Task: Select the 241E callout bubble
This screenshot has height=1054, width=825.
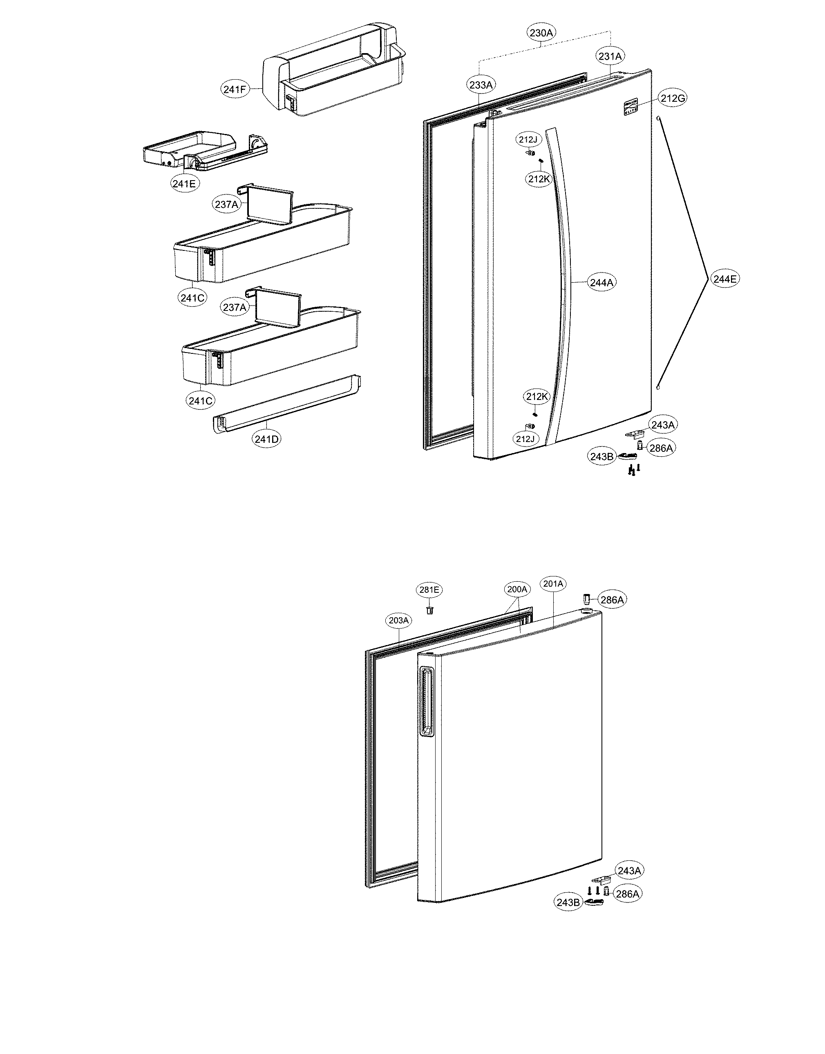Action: click(186, 183)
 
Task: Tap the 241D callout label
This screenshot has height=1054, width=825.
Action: click(267, 439)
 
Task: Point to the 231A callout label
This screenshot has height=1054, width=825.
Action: click(610, 56)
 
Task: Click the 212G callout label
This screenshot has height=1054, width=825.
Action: click(672, 98)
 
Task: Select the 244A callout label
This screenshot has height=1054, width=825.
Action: click(601, 282)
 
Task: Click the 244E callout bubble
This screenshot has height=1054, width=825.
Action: click(725, 279)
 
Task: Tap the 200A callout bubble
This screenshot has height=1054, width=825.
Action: click(517, 589)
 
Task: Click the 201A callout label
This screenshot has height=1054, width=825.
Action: click(553, 584)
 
